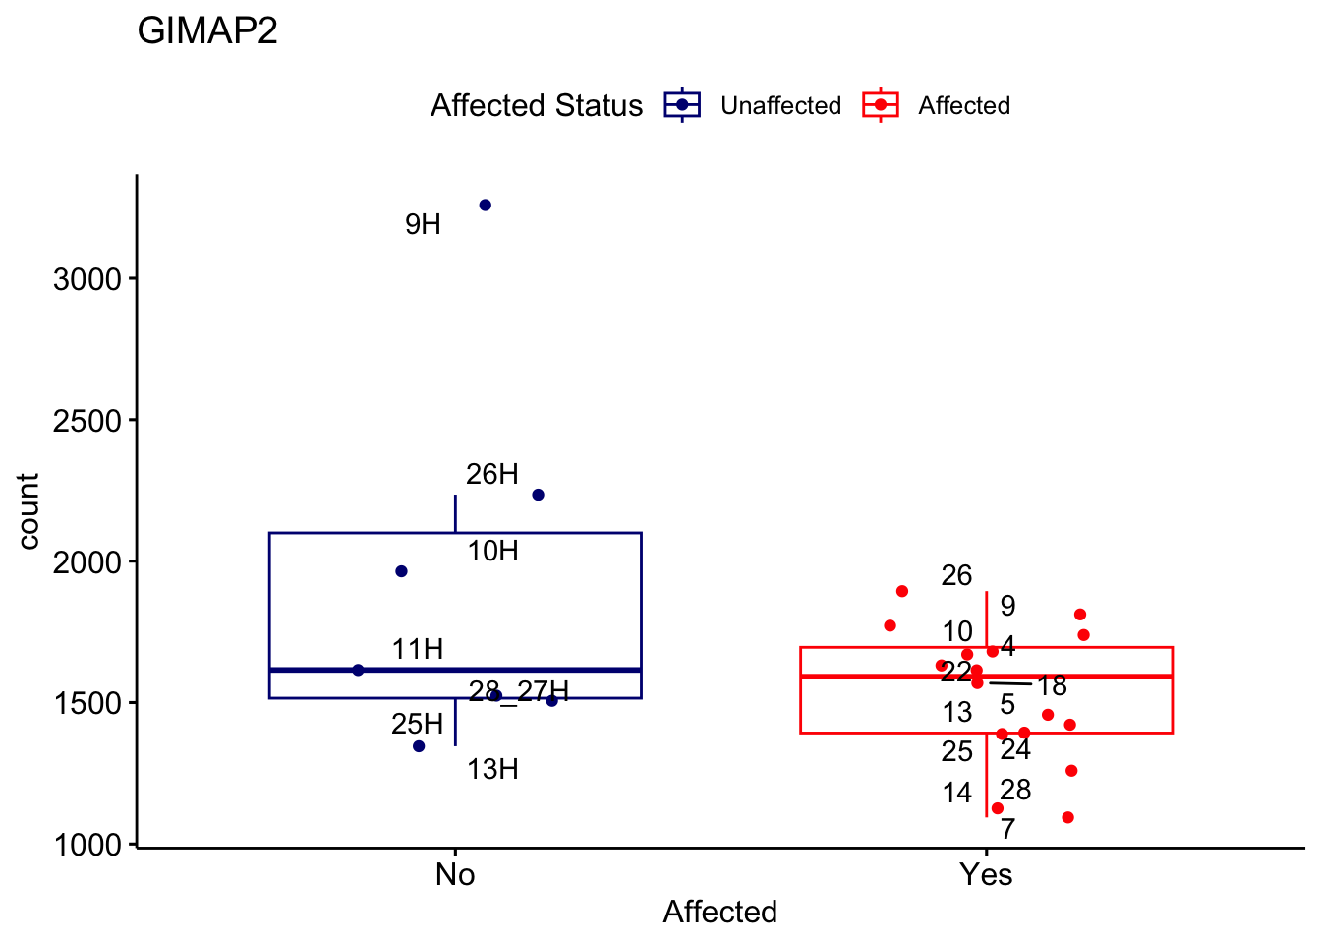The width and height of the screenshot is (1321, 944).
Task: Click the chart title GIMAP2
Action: click(x=207, y=31)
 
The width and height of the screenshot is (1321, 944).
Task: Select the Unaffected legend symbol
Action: click(x=682, y=105)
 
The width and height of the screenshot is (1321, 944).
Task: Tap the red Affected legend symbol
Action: click(x=880, y=105)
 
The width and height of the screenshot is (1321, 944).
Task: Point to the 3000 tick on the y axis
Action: click(x=87, y=279)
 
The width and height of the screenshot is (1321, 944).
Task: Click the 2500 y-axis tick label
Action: click(x=87, y=421)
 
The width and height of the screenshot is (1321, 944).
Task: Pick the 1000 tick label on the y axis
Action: click(x=87, y=845)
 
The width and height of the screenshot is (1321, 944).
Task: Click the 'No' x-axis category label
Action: click(x=455, y=874)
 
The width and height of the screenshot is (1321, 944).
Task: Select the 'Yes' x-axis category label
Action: click(x=986, y=874)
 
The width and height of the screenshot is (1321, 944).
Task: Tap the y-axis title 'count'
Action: click(x=29, y=511)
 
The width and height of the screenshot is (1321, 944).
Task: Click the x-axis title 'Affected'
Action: click(x=719, y=912)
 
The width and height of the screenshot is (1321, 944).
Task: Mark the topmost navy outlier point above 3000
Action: click(x=485, y=206)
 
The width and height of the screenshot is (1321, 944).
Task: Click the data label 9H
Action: click(x=423, y=225)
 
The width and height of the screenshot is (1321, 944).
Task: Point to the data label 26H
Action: click(x=491, y=475)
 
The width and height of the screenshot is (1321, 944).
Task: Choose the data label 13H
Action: click(x=492, y=769)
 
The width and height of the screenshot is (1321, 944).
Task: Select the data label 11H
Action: click(x=418, y=649)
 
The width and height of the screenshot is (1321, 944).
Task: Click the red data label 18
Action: click(x=1052, y=686)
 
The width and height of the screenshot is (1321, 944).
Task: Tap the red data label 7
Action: click(x=1007, y=830)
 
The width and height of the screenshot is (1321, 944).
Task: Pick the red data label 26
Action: click(x=956, y=576)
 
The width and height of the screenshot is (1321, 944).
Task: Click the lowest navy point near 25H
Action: click(x=419, y=746)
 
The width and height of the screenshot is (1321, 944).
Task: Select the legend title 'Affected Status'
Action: click(x=537, y=105)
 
